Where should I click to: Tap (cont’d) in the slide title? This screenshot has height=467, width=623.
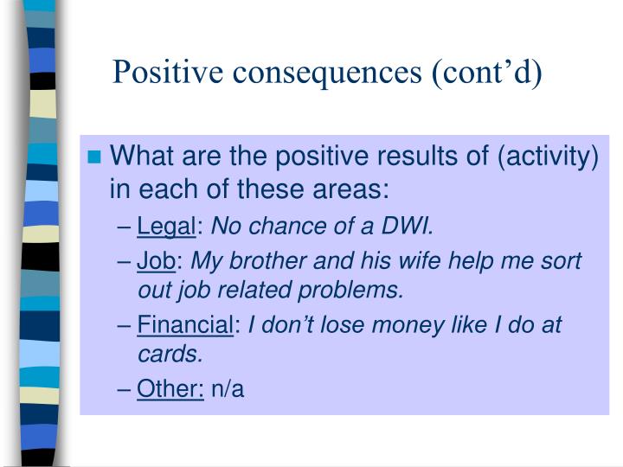click(487, 73)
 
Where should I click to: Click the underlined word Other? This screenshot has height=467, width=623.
click(170, 389)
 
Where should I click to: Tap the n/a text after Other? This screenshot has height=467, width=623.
click(228, 389)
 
